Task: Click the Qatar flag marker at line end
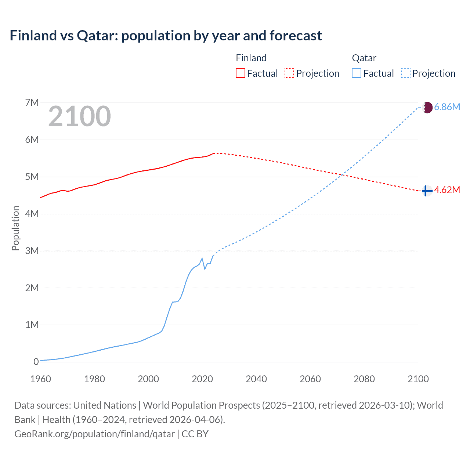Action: coord(427,107)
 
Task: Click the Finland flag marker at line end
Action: coord(426,191)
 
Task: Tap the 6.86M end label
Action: coord(447,107)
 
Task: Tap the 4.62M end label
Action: coord(447,190)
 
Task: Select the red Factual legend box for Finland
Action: coord(240,73)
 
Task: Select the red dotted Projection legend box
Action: coord(289,73)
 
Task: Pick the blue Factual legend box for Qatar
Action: coord(356,73)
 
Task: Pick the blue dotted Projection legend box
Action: coord(405,73)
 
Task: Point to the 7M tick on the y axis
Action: coord(32,102)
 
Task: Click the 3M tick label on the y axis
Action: coord(32,251)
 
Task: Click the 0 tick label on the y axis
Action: coord(36,362)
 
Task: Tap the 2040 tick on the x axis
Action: coord(256,379)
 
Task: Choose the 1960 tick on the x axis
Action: coord(40,379)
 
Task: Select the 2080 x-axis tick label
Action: coord(364,379)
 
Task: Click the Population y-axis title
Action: coord(15,228)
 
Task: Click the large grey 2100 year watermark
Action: coord(79,116)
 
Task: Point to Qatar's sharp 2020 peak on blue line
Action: coord(202,258)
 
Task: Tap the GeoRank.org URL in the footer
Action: coord(94,434)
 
